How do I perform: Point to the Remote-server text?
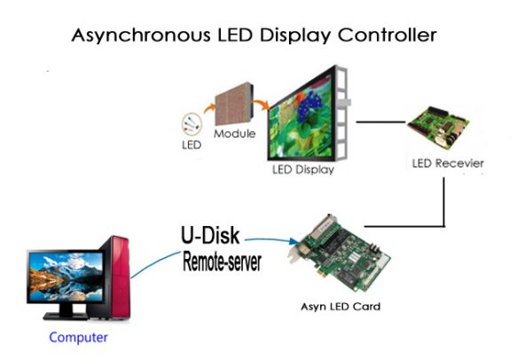(222, 262)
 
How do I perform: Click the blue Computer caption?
(78, 337)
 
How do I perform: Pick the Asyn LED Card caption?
(341, 308)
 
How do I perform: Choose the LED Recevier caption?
(448, 164)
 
